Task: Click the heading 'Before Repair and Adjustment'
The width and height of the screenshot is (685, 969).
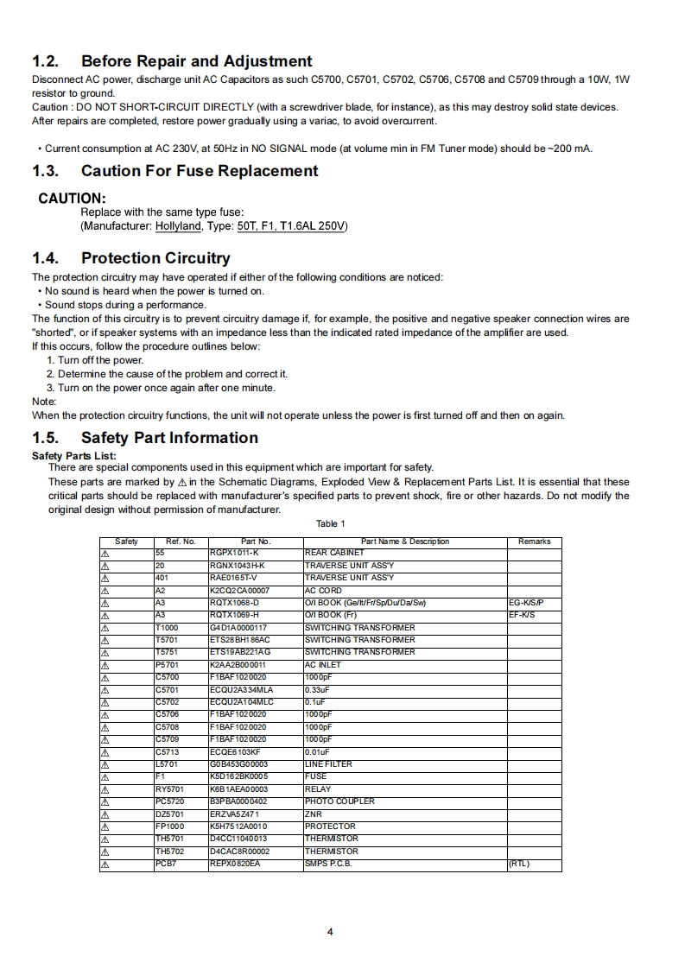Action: click(196, 61)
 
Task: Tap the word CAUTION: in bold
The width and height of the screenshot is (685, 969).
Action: click(72, 199)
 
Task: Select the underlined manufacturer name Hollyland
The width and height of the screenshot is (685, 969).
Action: click(178, 226)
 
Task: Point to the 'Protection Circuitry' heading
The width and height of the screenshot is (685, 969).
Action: click(155, 258)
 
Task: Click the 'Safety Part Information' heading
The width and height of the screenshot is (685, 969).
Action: click(169, 438)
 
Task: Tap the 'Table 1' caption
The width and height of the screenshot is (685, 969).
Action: click(330, 523)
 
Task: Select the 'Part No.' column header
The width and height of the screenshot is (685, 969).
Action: click(256, 541)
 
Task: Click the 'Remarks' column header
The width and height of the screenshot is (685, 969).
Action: click(534, 541)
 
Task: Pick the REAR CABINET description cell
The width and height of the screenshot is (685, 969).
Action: click(334, 553)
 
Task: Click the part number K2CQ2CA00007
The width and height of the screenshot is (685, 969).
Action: click(239, 591)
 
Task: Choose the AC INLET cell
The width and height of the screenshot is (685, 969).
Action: click(323, 665)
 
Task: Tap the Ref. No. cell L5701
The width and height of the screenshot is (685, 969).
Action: click(167, 764)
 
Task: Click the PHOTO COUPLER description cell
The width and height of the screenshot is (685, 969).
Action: click(339, 801)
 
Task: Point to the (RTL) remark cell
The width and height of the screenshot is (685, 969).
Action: click(518, 864)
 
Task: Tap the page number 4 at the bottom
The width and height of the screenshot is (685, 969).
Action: click(330, 932)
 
